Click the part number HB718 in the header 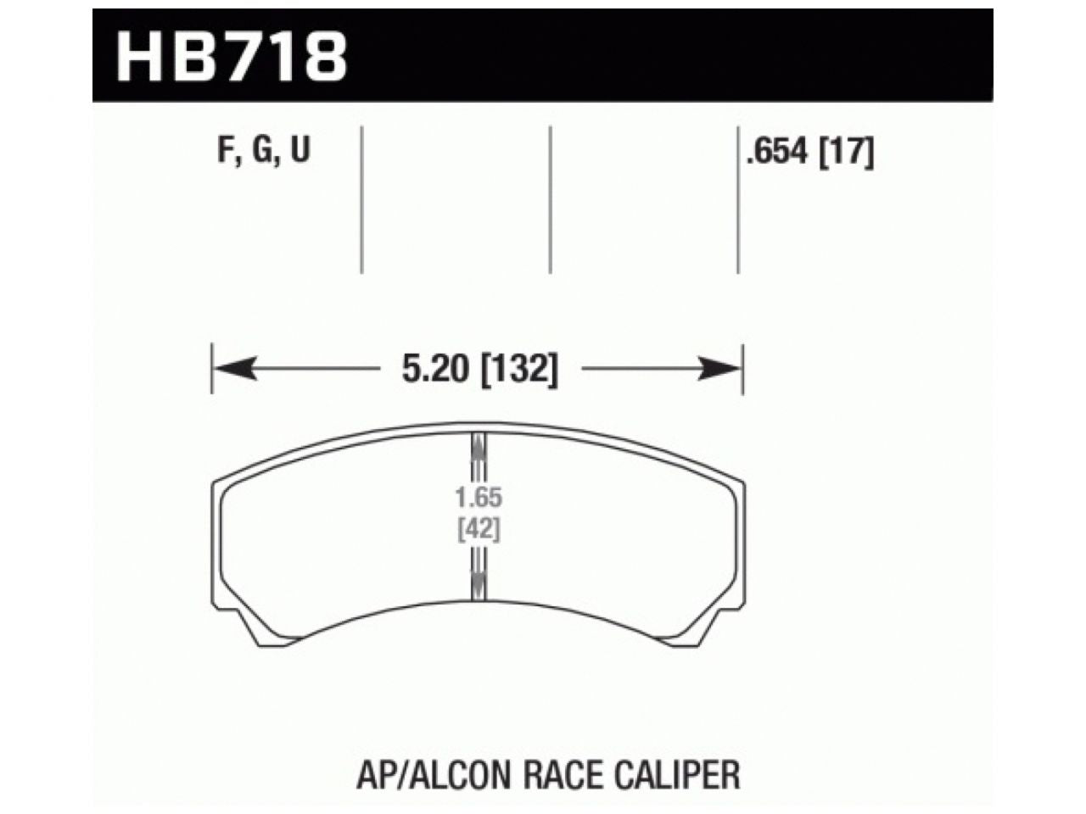[x=232, y=56]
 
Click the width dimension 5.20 [x=434, y=369]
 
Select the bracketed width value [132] [x=519, y=370]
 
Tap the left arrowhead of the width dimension [x=234, y=369]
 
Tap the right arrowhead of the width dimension [x=719, y=369]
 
